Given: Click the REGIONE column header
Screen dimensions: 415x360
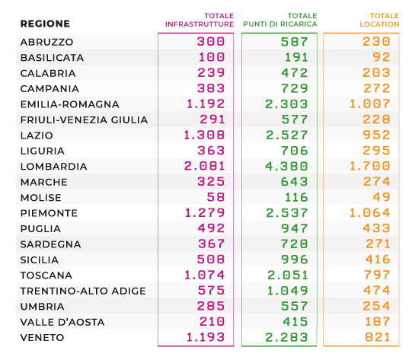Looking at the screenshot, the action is coord(45,24).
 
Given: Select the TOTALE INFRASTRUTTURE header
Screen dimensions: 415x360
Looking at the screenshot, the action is coord(200,20).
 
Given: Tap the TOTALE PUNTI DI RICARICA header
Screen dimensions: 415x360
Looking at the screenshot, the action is coord(280,20).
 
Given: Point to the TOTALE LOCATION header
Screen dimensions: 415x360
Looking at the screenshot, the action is coord(379,20).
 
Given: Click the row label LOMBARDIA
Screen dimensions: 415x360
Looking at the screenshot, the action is coord(54,167).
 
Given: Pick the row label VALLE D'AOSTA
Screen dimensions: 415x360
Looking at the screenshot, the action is coord(62,322).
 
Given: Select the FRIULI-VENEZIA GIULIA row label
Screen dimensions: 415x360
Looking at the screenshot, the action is coord(85,119).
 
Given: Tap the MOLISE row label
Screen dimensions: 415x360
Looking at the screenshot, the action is coord(41,198).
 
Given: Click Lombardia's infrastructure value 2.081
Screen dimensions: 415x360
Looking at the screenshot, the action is coord(204,166).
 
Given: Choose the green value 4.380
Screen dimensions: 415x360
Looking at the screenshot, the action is coord(286,166).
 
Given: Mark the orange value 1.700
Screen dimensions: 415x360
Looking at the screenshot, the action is coord(370,166).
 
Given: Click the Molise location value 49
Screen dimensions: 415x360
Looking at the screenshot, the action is coord(381,197).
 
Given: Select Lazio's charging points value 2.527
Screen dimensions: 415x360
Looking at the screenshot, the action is coord(287,135).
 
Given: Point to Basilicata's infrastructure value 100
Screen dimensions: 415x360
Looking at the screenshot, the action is coord(212,57).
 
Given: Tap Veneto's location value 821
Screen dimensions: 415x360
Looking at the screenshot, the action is coord(378,337).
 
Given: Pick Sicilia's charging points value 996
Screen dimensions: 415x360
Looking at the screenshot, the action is coord(295,260).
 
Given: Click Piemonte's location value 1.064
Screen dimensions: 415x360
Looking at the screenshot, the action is coord(370,212).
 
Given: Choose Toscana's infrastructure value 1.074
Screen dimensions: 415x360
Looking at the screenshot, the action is coord(205,275).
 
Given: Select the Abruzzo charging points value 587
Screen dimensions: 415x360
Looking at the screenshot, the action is coord(295,42).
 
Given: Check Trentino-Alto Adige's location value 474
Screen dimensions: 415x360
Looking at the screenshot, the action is coord(377,291).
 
